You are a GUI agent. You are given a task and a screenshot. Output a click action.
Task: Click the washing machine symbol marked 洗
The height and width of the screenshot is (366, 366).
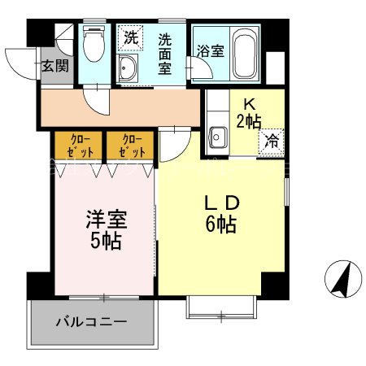tap(131, 37)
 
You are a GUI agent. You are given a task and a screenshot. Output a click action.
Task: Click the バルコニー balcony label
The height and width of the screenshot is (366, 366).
tap(90, 321)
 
